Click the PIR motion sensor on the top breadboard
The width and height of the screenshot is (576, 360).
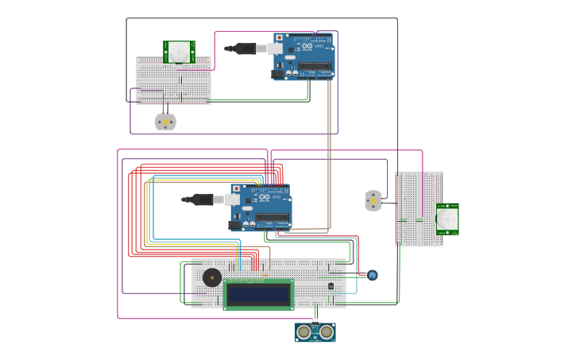(x=179, y=52)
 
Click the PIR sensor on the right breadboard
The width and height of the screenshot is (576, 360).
(x=447, y=219)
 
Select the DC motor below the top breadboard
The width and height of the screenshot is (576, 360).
(x=165, y=122)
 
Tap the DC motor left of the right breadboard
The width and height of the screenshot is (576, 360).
(x=373, y=200)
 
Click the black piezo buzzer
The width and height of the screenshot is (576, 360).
(x=212, y=277)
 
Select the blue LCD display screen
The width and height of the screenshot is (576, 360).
(x=258, y=294)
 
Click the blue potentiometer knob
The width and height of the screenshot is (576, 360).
(x=372, y=275)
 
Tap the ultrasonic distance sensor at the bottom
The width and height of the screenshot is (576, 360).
(x=315, y=332)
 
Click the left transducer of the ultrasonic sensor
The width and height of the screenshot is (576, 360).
(x=304, y=331)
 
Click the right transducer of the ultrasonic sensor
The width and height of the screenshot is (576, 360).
(x=327, y=331)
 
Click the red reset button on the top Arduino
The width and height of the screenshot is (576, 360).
(x=279, y=37)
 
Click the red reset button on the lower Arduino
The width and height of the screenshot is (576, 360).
(x=236, y=188)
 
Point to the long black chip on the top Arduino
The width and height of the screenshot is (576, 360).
(x=315, y=66)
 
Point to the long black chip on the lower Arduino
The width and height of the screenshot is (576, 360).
(x=273, y=217)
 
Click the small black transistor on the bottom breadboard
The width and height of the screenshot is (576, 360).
(x=331, y=285)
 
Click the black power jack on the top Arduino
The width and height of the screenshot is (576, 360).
(x=278, y=74)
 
